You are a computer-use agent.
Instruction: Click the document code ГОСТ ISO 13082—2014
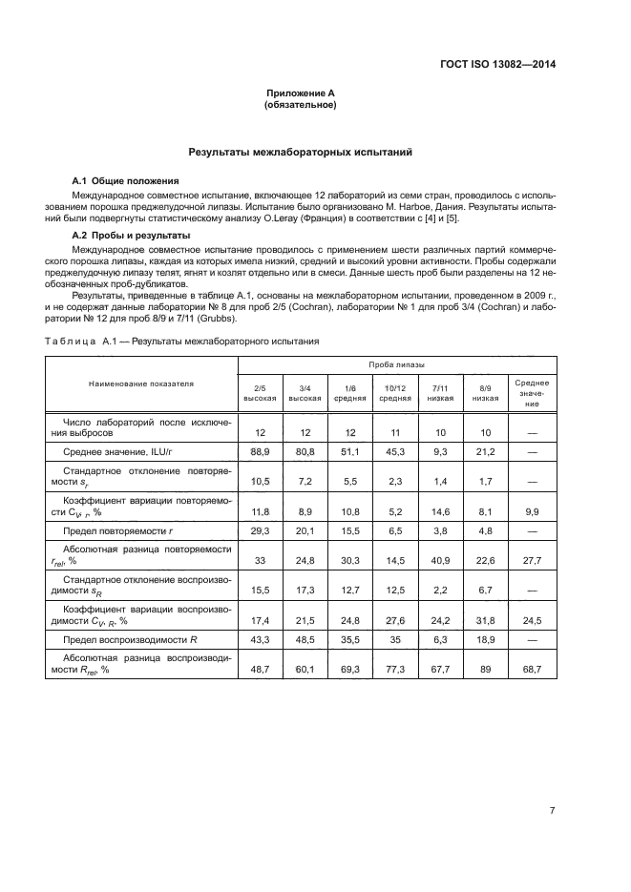[497, 65]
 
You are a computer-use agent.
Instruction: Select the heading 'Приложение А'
[301, 93]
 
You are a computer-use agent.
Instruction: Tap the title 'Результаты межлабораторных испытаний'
[301, 152]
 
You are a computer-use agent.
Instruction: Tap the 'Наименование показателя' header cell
[141, 384]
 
